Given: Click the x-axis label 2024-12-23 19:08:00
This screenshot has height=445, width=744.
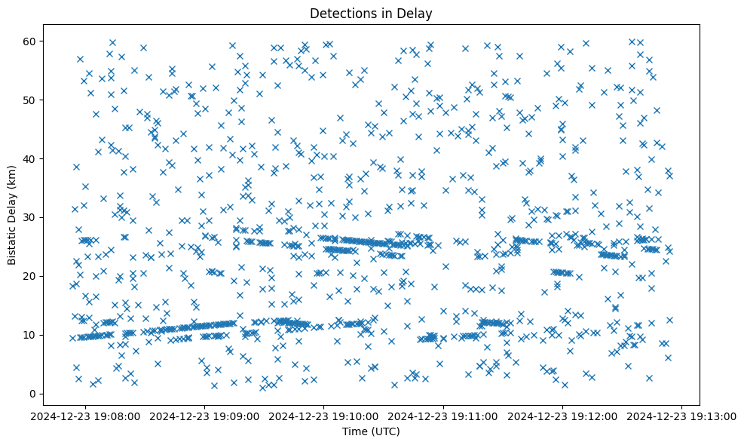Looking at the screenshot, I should [86, 416].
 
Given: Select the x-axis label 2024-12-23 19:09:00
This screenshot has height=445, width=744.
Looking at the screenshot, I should [205, 416].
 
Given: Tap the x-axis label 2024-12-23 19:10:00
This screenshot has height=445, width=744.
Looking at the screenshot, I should [325, 416].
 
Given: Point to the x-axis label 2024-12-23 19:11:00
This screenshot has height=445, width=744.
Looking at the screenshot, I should [444, 416].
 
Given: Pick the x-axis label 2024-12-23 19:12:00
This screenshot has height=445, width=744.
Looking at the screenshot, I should [563, 416].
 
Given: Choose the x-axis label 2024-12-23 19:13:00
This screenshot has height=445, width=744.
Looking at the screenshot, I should [683, 416].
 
